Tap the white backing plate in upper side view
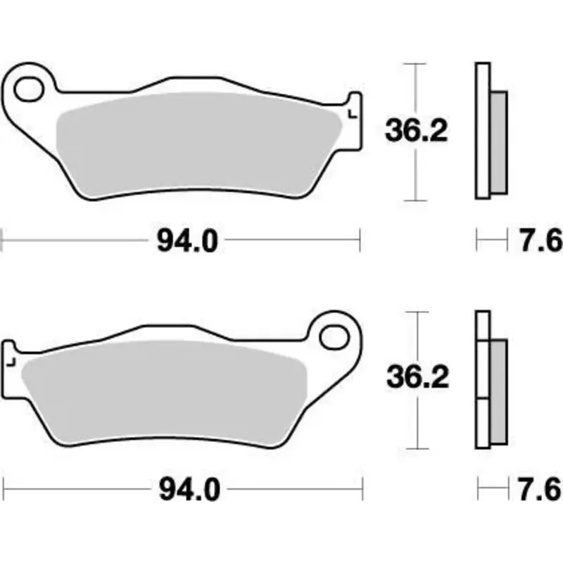click(x=482, y=130)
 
